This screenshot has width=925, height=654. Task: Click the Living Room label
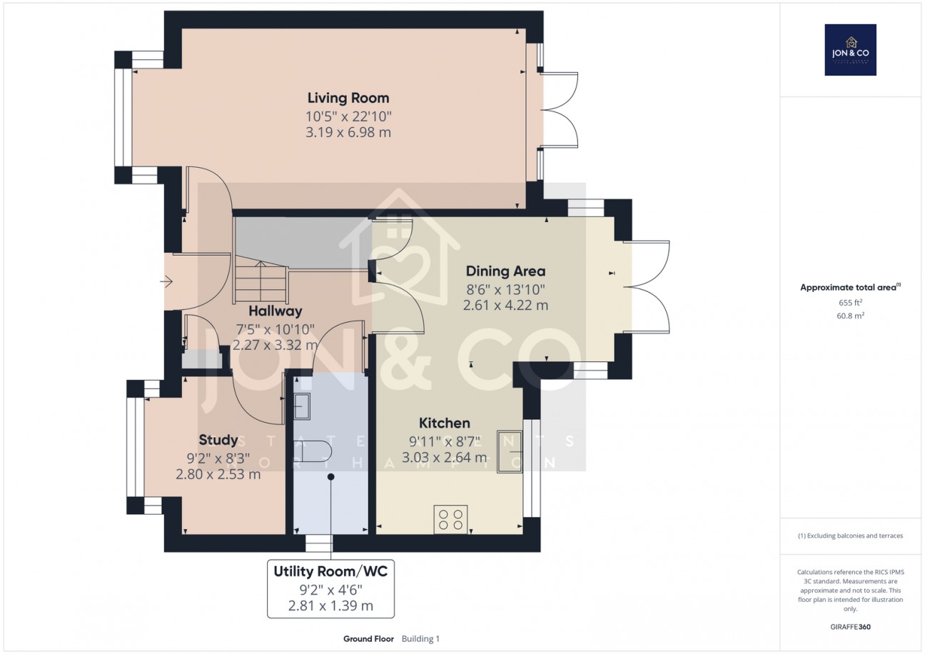348,98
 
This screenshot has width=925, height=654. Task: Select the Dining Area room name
505,271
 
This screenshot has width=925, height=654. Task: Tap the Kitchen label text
444,423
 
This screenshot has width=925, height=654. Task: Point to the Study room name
218,439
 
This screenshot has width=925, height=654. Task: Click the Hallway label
275,311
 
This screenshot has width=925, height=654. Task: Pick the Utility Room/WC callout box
330,589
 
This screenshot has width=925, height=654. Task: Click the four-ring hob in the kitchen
451,518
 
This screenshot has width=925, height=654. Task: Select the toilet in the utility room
313,451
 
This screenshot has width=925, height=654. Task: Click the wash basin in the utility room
301,406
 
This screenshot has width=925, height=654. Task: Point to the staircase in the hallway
260,282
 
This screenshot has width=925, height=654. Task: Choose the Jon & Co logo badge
850,50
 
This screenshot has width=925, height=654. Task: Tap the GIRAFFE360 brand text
850,628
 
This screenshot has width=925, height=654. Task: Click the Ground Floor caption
368,639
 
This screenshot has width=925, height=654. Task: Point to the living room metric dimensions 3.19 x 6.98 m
348,133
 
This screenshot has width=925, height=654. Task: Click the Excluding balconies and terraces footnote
850,536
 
